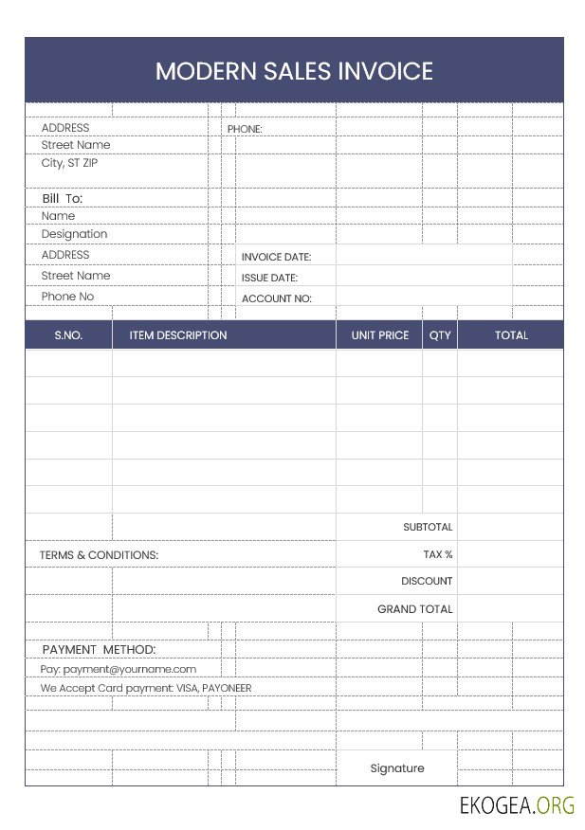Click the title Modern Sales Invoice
pyautogui.click(x=294, y=71)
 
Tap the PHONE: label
pyautogui.click(x=245, y=129)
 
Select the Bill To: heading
pyautogui.click(x=63, y=198)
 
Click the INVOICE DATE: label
pyautogui.click(x=276, y=257)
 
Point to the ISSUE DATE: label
pyautogui.click(x=269, y=278)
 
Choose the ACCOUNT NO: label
pyautogui.click(x=276, y=298)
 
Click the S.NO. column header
pyautogui.click(x=68, y=335)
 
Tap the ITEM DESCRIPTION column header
pyautogui.click(x=178, y=335)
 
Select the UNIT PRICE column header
pyautogui.click(x=379, y=335)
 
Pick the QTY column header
pyautogui.click(x=440, y=335)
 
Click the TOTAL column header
pyautogui.click(x=511, y=335)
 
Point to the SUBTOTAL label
pyautogui.click(x=428, y=527)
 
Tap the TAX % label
pyautogui.click(x=438, y=554)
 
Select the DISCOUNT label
pyautogui.click(x=427, y=581)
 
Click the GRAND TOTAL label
pyautogui.click(x=415, y=609)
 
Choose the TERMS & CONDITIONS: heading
pyautogui.click(x=99, y=555)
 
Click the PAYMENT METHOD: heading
pyautogui.click(x=99, y=649)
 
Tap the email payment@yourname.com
pyautogui.click(x=130, y=669)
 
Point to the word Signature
pyautogui.click(x=397, y=768)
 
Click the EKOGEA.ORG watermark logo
pyautogui.click(x=517, y=806)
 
